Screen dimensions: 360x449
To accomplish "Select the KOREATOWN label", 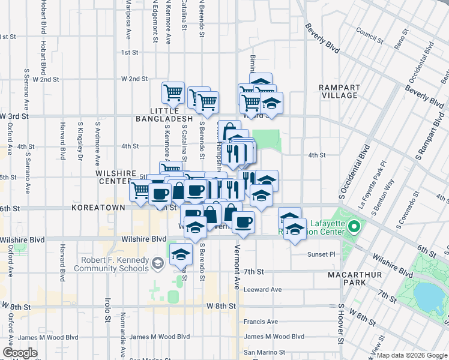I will click(98, 208).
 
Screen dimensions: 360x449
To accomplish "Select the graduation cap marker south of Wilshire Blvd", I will click(180, 254).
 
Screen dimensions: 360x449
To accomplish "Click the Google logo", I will click(20, 353).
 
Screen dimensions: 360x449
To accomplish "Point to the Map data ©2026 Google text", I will click(412, 355).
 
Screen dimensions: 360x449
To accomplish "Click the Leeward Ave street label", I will click(262, 289).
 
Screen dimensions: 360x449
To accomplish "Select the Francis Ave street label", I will click(260, 322).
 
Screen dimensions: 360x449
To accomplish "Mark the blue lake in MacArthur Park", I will click(430, 294).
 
